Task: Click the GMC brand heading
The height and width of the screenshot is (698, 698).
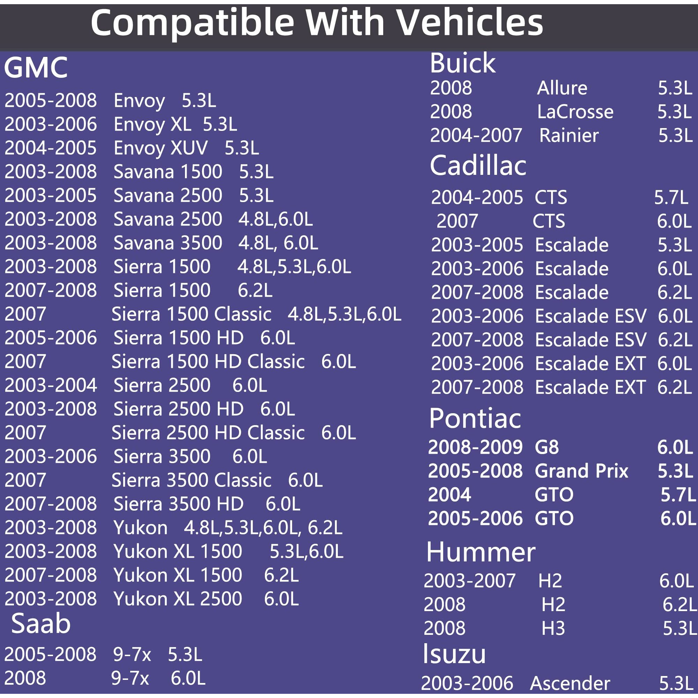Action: point(36,68)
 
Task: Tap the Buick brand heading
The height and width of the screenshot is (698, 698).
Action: point(462,63)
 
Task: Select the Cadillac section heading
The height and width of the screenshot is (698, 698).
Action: point(478,165)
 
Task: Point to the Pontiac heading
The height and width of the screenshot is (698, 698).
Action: point(475,418)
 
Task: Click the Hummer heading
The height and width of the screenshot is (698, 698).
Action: point(481,552)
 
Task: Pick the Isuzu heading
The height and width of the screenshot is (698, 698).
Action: point(454,654)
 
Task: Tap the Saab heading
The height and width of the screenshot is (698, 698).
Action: point(41,624)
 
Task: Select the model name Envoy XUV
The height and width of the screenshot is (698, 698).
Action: point(161,148)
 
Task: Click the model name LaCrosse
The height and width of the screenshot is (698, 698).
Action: point(575,112)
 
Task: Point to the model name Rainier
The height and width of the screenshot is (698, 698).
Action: point(569,135)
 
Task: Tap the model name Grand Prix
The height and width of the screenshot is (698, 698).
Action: point(581,471)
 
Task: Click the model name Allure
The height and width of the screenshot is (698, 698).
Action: point(562,88)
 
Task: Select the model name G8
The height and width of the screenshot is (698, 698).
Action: point(547,447)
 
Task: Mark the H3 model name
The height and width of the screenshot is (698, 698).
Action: point(553,628)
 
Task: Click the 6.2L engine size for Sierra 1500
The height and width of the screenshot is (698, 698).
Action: point(255,290)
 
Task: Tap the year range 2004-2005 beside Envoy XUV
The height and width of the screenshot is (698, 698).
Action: point(51,148)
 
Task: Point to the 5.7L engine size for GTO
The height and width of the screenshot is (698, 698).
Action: point(678,495)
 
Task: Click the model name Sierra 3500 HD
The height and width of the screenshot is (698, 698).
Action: point(178,504)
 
